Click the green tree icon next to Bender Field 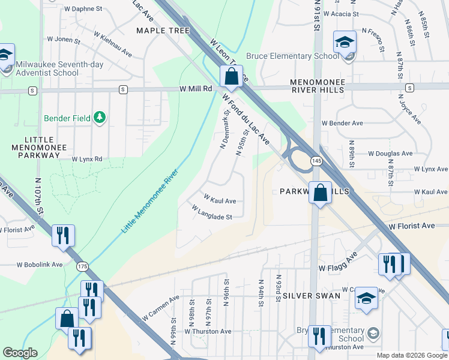[x=100, y=118]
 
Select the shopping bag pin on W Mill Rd [x=231, y=76]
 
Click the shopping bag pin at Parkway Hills [x=321, y=193]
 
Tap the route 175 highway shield [x=82, y=266]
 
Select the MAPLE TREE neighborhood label [x=163, y=31]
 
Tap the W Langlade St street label [x=211, y=212]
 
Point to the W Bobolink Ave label [x=40, y=264]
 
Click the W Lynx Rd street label [x=87, y=159]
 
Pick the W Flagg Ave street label [x=337, y=262]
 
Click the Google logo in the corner [x=20, y=353]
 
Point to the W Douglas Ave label [x=391, y=154]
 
